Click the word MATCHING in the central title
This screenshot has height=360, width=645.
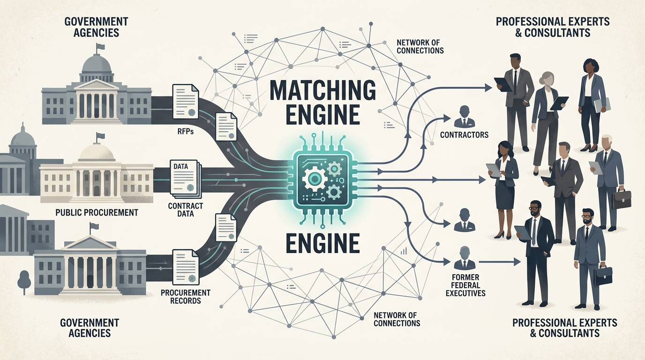pos(322,89)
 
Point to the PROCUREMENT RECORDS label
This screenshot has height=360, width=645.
pos(185,296)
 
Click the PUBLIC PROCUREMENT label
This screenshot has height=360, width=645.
pos(97,212)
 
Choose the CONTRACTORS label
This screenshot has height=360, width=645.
pos(464,135)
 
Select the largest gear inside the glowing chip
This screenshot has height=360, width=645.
pos(313,179)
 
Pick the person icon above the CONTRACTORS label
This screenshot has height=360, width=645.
pos(464,116)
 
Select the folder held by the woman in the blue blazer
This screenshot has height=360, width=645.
pos(602,104)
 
